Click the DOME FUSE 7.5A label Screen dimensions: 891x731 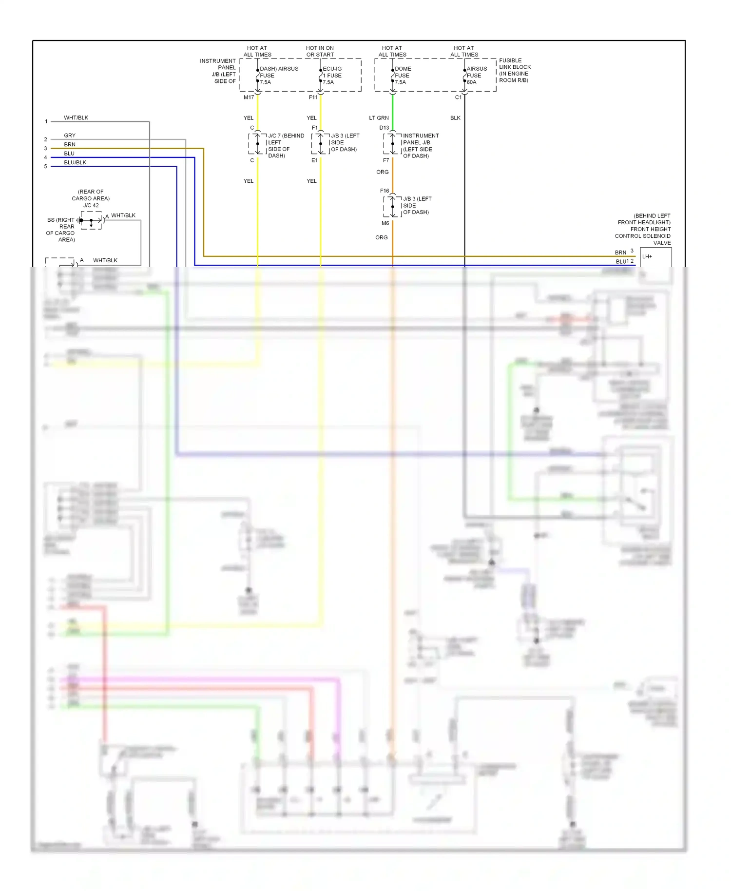point(403,76)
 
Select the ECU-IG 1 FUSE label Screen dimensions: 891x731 point(332,76)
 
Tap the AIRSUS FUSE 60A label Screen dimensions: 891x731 point(476,76)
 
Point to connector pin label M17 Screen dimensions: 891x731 point(249,97)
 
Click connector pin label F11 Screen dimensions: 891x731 point(313,97)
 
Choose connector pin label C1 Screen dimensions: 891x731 point(458,97)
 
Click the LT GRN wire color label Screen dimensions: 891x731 point(379,118)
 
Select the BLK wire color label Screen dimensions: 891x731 point(455,118)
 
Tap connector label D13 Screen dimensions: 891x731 point(384,128)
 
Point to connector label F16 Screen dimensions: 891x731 point(385,191)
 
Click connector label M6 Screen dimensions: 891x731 point(385,223)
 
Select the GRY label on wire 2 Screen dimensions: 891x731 point(70,136)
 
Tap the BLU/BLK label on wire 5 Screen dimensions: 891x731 point(75,162)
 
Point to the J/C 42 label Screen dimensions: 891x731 point(91,205)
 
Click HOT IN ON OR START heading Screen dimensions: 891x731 point(320,51)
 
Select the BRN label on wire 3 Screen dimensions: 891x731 point(70,144)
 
